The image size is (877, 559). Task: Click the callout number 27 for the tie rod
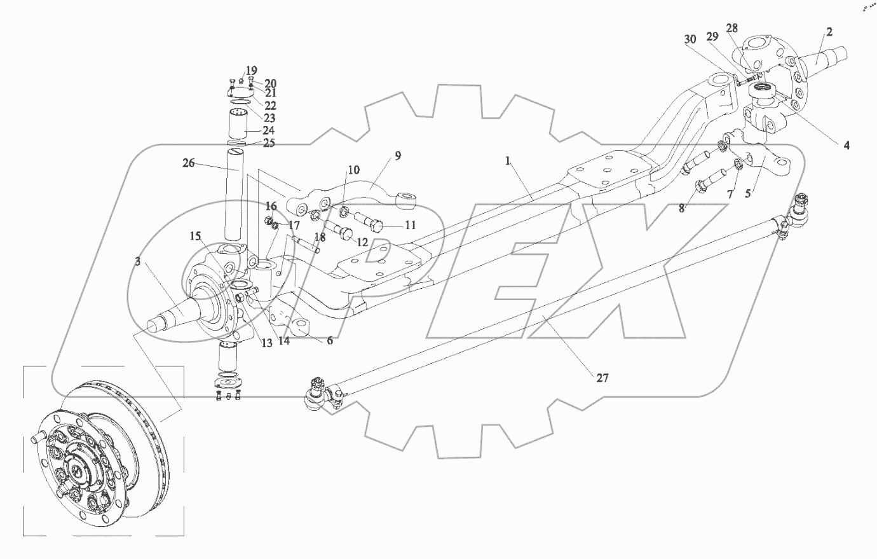click(x=602, y=378)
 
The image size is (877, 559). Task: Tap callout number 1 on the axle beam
click(x=508, y=162)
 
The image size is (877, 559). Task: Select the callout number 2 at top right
click(x=829, y=32)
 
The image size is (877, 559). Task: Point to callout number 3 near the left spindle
click(x=137, y=261)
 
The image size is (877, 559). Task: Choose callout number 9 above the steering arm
click(x=397, y=155)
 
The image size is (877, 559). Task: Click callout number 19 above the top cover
click(x=251, y=70)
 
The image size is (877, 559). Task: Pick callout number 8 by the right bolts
click(x=681, y=207)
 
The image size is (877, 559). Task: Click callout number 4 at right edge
click(x=846, y=146)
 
